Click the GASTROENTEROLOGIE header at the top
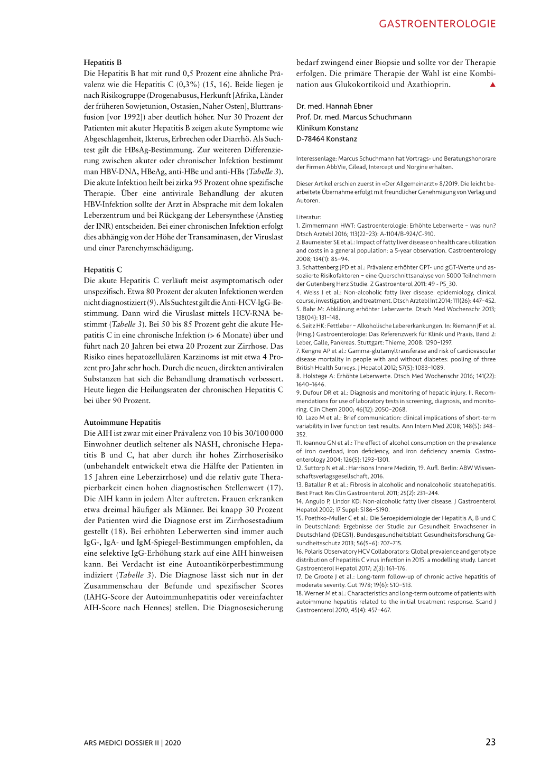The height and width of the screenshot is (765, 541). coord(437,24)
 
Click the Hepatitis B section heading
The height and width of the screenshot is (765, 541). coord(102,62)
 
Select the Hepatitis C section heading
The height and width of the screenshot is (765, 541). coord(103,269)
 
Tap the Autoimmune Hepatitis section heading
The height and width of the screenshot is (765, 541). coord(122,422)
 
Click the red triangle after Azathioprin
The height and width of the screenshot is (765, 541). coord(492,85)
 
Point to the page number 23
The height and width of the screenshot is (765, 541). coord(490,742)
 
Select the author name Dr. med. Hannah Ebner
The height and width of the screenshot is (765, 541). coord(334,106)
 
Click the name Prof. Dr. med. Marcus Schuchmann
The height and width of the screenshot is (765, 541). coord(353,117)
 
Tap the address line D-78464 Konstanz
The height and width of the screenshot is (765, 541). coord(327,139)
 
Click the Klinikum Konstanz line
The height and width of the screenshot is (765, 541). coord(327,128)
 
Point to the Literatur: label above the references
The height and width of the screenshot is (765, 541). coord(309,217)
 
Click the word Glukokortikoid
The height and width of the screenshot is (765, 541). coord(362,85)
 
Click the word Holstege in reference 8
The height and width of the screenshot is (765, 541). coord(315,376)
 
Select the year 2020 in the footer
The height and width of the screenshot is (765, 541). coord(173,743)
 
